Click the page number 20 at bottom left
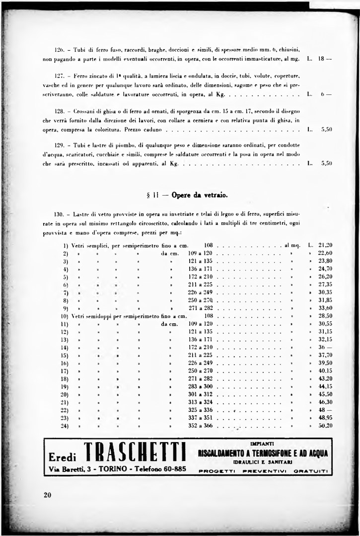[x=48, y=494]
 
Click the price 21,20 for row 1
[x=325, y=245]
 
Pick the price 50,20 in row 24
[x=325, y=426]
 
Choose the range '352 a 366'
[x=200, y=426]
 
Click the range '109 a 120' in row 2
[x=200, y=253]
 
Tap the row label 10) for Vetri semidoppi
[x=65, y=315]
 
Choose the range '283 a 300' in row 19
[x=200, y=386]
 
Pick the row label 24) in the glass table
[x=65, y=426]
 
